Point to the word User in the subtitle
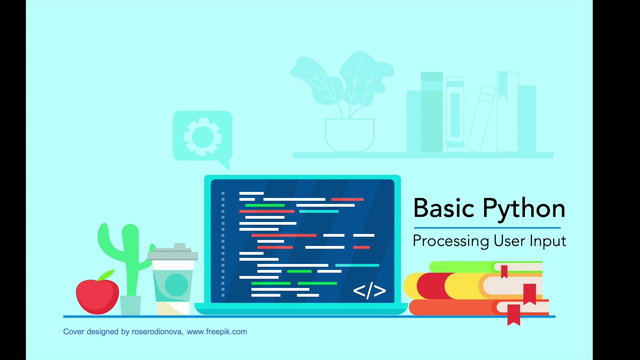pos(509,240)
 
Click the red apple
pos(97,296)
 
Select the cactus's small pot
pos(130,305)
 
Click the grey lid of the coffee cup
pos(173,254)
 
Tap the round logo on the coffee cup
pos(176,284)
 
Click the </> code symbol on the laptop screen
pos(369,291)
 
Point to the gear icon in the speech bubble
pos(202,135)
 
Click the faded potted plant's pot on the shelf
pos(349,134)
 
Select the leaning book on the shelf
pos(480,119)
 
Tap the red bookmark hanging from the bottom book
pos(513,314)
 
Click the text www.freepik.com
pos(216,331)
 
